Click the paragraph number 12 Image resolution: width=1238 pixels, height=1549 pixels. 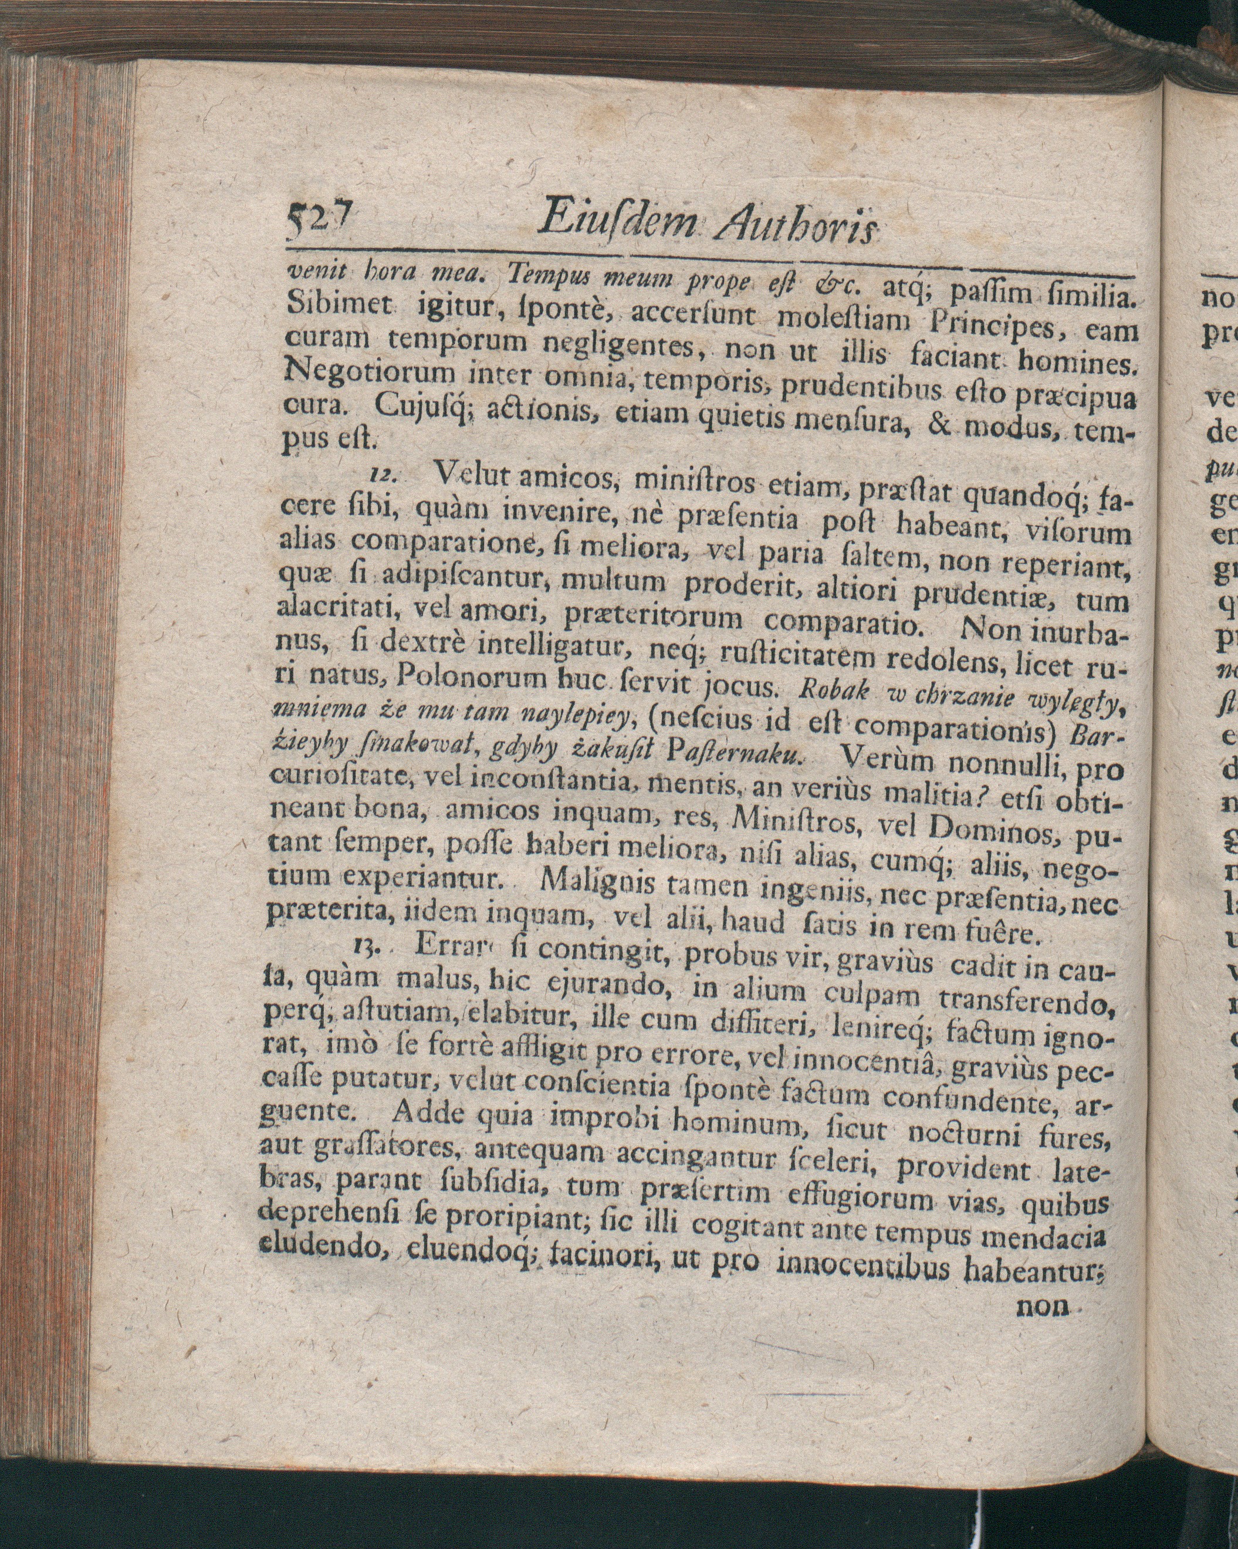[384, 475]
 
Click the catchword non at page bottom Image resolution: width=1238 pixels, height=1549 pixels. [1042, 1304]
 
